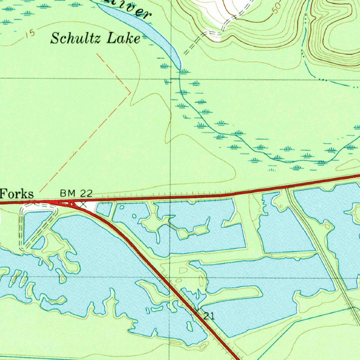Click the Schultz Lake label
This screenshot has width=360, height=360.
coord(95,38)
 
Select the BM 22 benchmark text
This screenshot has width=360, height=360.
coord(76,193)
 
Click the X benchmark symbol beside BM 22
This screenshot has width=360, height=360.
coord(83,204)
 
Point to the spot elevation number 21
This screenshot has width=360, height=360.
coord(209,316)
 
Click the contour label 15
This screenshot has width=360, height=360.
coord(31,34)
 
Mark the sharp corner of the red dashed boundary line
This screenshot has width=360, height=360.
coord(130,93)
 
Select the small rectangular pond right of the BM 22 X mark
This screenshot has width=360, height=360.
coord(104,210)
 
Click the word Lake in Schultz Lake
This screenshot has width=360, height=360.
coord(124,38)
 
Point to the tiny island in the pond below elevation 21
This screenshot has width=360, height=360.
coord(189,327)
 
